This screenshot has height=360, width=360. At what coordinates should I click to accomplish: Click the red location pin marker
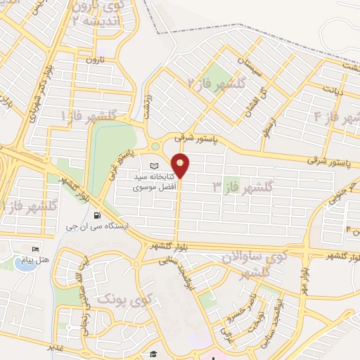pyautogui.click(x=181, y=165)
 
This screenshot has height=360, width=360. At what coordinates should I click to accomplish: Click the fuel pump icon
pyautogui.click(x=96, y=215)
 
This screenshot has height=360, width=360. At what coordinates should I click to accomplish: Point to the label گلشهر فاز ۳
pyautogui.click(x=242, y=186)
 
